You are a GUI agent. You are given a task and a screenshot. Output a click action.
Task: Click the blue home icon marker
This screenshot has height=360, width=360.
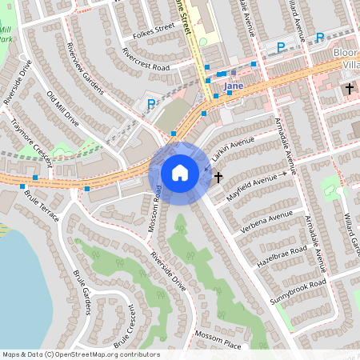180,173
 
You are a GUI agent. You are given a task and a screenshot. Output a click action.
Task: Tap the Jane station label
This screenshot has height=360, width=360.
234,86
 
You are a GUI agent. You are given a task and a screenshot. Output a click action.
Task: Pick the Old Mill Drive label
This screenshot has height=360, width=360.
62,109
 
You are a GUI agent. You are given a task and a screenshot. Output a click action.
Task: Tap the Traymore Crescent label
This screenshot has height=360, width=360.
30,142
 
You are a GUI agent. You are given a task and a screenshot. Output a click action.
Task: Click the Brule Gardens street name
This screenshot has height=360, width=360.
82,292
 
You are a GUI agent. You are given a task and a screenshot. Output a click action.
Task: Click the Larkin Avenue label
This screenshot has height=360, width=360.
233,149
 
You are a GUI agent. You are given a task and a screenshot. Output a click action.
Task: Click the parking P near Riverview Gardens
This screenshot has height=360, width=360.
150,103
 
